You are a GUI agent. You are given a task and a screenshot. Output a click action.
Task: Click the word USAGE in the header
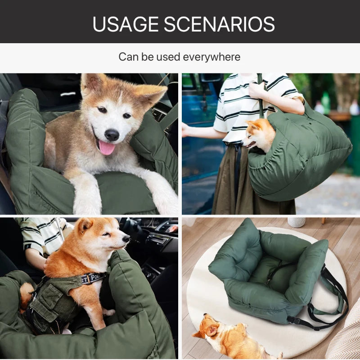click(x=126, y=24)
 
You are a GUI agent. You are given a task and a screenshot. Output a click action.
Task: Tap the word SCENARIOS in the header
click(x=219, y=24)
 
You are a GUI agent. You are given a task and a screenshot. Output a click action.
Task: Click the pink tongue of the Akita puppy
click(x=107, y=148)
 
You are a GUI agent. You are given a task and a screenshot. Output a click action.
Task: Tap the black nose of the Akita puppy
click(x=112, y=135)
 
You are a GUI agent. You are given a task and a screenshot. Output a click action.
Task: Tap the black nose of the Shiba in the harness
click(x=126, y=239)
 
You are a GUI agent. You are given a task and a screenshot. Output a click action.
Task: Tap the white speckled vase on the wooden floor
click(x=297, y=222)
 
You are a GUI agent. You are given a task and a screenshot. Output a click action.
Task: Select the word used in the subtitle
click(x=168, y=57)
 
